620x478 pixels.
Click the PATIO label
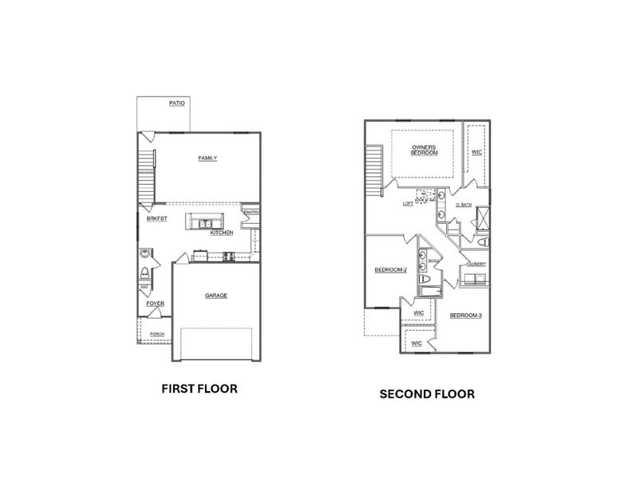tap(178, 103)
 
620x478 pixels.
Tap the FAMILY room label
tap(207, 158)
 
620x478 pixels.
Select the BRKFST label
tap(156, 218)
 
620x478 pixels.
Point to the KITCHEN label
tap(222, 233)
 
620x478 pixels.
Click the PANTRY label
tap(251, 213)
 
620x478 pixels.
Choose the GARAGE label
tap(216, 296)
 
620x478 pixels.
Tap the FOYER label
tap(155, 304)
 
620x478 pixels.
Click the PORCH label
tap(157, 334)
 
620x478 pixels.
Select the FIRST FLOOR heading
tap(199, 389)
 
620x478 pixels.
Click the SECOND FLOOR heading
tap(427, 394)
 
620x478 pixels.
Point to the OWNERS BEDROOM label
tap(424, 150)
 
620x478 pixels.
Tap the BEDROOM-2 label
tap(391, 270)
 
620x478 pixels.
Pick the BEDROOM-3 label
tap(465, 315)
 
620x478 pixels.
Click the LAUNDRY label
tap(476, 264)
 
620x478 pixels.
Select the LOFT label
tap(408, 204)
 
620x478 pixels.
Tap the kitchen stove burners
tap(227, 257)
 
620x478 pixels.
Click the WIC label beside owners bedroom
tap(476, 151)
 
